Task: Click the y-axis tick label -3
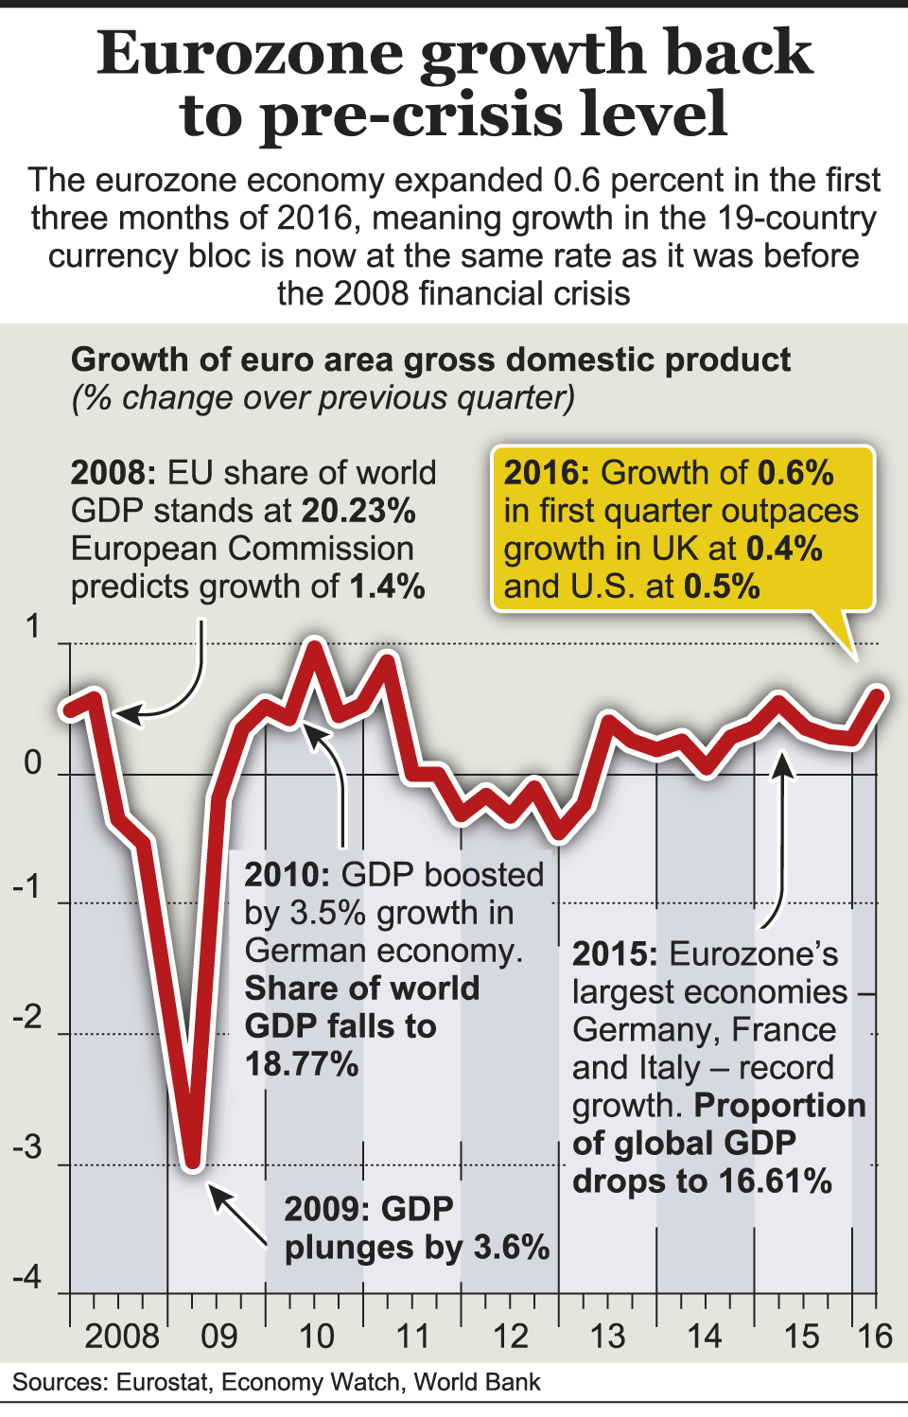click(28, 1147)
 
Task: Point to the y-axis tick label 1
click(34, 627)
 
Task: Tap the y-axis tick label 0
click(33, 762)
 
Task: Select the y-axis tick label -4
click(28, 1277)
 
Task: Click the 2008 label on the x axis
click(122, 1337)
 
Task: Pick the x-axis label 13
click(607, 1337)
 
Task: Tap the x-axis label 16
click(875, 1337)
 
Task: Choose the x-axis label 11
click(413, 1337)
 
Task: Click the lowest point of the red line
click(193, 1162)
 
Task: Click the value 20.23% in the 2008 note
click(359, 511)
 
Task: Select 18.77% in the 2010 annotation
click(302, 1064)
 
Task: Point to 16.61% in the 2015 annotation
click(776, 1181)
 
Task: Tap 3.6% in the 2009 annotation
click(512, 1248)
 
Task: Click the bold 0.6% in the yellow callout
click(795, 472)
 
